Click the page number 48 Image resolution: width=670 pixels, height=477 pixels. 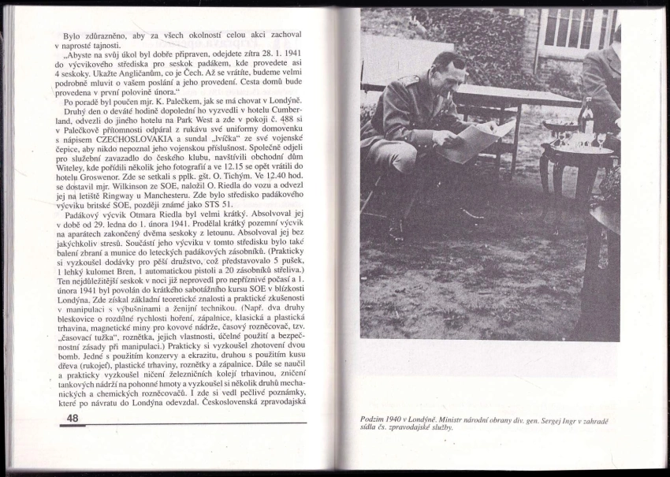pos(70,418)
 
